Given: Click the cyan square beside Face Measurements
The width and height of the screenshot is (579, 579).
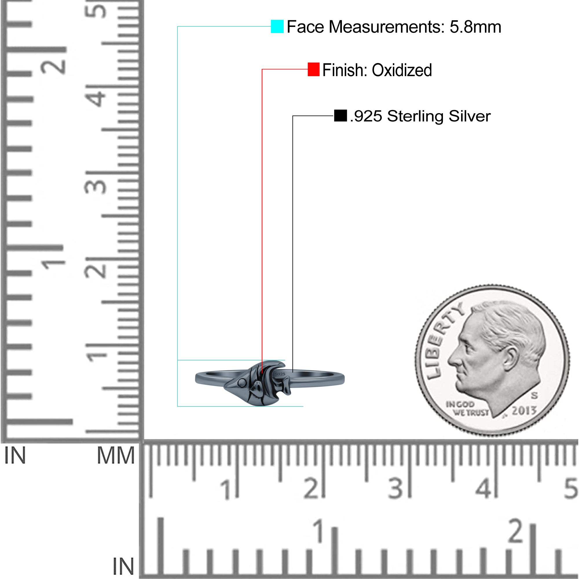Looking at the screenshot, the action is click(277, 26).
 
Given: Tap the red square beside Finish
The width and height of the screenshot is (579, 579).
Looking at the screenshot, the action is click(314, 69).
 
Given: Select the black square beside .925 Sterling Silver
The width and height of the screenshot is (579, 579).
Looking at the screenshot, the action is click(340, 116).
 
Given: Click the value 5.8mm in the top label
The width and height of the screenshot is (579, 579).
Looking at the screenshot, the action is click(475, 27).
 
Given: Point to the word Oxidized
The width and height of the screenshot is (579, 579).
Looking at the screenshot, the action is click(402, 70).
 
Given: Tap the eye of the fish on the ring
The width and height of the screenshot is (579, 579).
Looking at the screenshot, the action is click(241, 383).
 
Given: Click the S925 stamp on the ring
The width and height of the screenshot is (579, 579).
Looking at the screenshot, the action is click(280, 374).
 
